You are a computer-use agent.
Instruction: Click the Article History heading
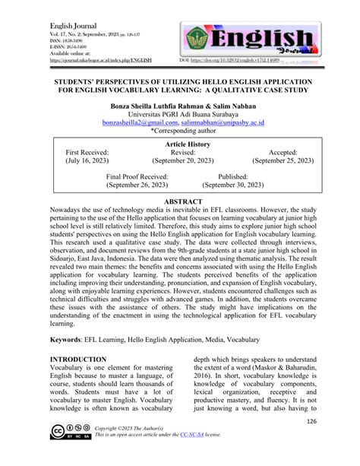[179, 144]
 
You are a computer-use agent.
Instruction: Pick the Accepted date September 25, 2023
[283, 162]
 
